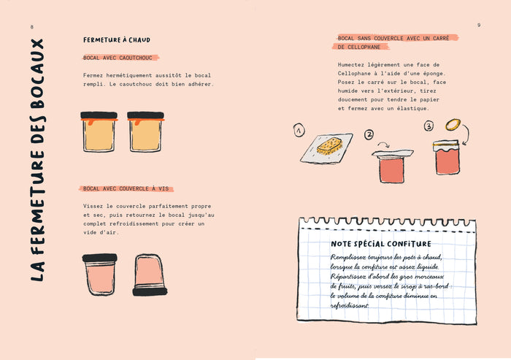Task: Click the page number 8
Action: click(x=31, y=27)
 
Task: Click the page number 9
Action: click(x=479, y=25)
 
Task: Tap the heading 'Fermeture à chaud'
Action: click(x=117, y=39)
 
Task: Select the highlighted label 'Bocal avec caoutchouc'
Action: click(x=118, y=58)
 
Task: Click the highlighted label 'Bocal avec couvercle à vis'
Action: click(x=126, y=188)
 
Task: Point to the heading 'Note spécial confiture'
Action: click(x=381, y=244)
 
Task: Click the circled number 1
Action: click(x=299, y=130)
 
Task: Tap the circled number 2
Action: click(x=369, y=134)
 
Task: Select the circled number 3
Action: click(x=429, y=126)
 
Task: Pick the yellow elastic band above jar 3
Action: click(x=453, y=125)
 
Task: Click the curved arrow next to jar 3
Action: click(x=466, y=134)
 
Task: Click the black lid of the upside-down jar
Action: click(x=150, y=291)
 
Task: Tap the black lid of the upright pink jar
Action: click(x=100, y=258)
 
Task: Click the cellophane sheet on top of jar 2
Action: click(x=393, y=153)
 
